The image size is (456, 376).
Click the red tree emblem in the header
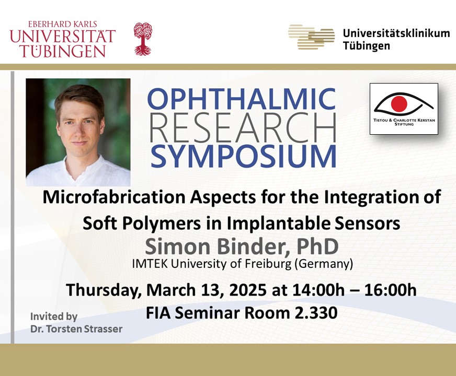coord(143,39)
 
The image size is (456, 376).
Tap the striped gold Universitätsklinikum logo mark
coord(312,37)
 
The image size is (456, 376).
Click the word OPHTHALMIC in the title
coord(242,99)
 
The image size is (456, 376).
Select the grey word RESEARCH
coord(243,128)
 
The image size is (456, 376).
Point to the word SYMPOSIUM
coord(244,156)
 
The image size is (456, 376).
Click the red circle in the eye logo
coord(398,103)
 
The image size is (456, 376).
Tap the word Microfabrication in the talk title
coord(114,197)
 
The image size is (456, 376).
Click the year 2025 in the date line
coord(248,290)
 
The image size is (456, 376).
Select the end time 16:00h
coord(390,290)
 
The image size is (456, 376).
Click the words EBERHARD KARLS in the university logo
coord(63,24)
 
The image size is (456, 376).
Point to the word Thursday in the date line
coord(102,290)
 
